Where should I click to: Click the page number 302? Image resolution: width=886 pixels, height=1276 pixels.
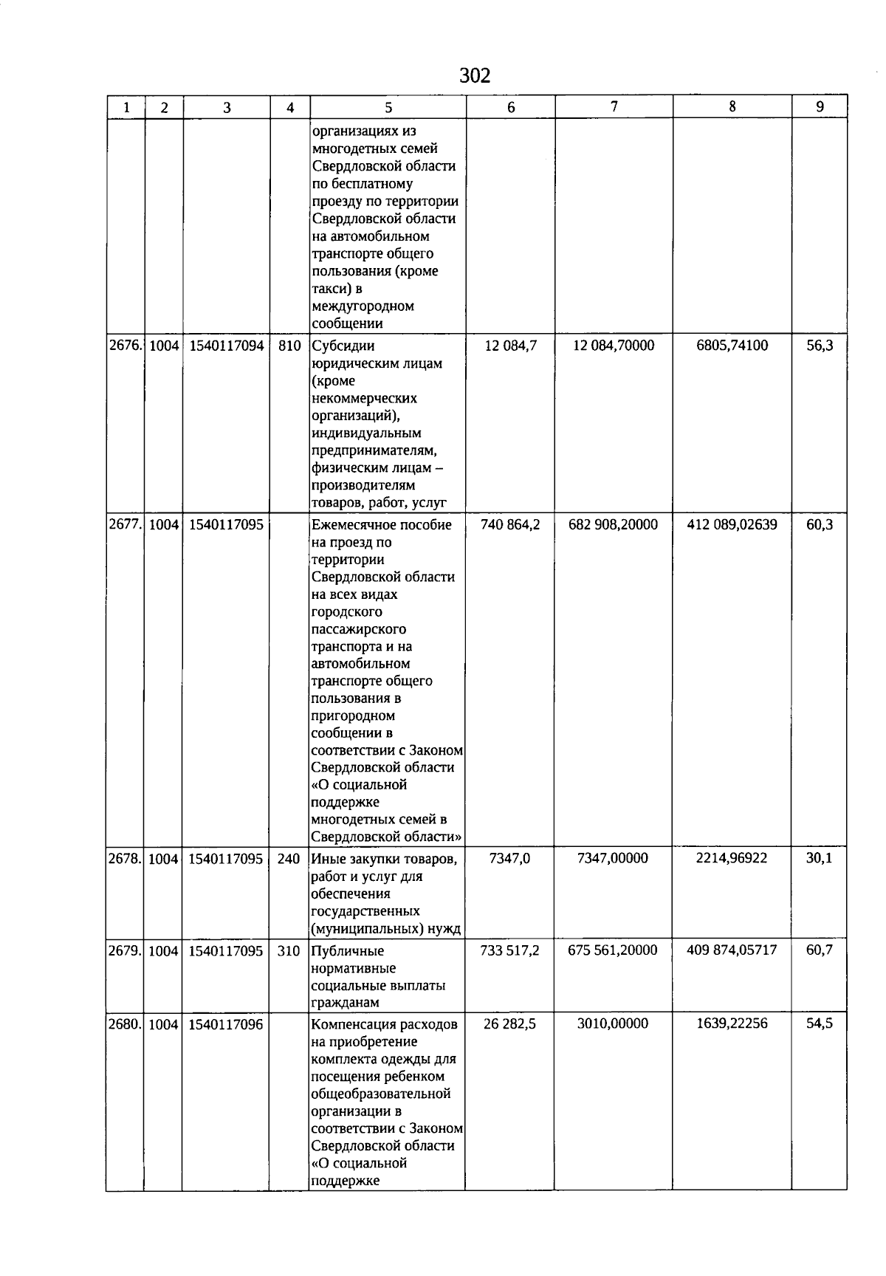475,76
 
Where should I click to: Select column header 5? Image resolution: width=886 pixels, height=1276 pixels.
388,108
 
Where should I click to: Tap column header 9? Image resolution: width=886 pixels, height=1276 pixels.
820,107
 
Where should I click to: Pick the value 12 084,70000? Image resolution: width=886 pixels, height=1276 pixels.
614,346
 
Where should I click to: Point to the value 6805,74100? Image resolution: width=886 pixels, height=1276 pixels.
732,346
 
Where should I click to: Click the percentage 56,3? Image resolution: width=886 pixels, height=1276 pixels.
820,346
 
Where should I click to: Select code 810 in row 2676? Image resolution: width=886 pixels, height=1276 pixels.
290,346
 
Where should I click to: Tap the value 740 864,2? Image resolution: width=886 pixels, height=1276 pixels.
510,525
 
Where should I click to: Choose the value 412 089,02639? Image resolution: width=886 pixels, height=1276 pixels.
732,525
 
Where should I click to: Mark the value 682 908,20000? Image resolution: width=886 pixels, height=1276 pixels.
614,525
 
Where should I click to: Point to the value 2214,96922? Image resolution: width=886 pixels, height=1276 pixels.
732,858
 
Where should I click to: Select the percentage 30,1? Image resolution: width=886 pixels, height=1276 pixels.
819,858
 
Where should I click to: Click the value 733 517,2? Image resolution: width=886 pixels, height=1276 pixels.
510,951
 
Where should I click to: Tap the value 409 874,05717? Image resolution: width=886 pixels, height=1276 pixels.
732,950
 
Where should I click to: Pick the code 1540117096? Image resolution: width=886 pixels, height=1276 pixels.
226,1025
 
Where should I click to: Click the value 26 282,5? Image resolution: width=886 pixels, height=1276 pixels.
510,1024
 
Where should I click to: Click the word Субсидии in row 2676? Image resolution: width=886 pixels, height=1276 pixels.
343,346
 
